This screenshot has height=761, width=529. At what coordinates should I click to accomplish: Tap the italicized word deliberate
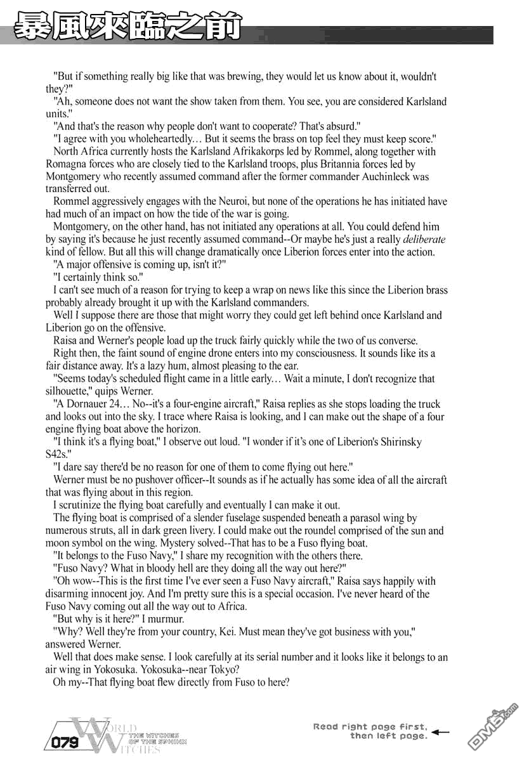[424, 239]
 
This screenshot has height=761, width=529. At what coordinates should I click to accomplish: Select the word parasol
[360, 518]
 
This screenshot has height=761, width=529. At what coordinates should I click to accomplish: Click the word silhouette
[71, 391]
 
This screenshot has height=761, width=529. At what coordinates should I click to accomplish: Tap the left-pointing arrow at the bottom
[440, 731]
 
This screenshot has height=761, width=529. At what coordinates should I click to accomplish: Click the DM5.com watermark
[495, 724]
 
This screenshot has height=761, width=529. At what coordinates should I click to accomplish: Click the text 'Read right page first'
[370, 727]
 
